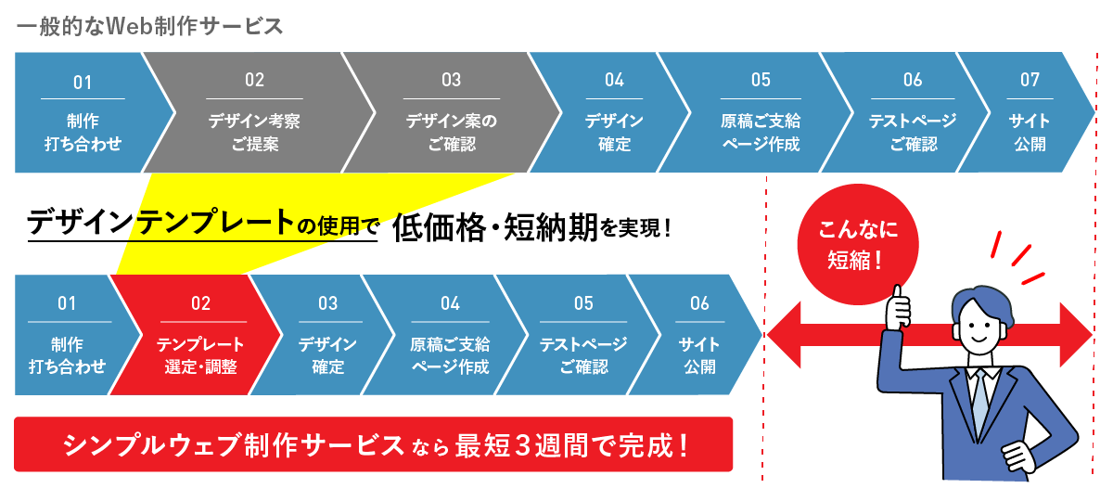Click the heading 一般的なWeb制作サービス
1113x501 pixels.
coord(149,27)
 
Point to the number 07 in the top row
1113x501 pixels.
coord(1030,80)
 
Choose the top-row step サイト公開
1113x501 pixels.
coord(1029,112)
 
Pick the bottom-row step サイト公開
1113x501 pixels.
coord(698,335)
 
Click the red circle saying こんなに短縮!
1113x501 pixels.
coord(858,244)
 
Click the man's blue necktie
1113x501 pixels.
coord(979,403)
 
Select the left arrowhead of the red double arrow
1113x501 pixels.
coord(784,335)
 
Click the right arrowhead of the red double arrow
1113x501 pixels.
coord(1076,335)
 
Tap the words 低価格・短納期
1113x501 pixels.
coord(494,228)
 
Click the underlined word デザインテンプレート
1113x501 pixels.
coord(161,222)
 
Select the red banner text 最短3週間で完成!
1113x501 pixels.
coord(571,445)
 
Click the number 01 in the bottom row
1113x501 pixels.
coord(67,303)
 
